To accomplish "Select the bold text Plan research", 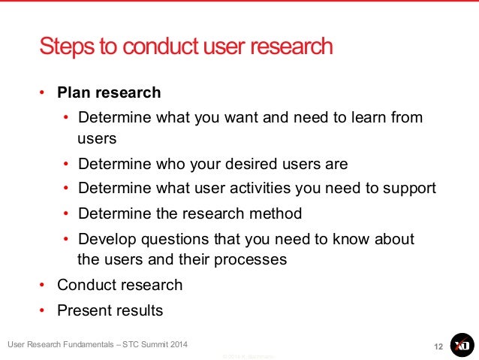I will coord(109,93).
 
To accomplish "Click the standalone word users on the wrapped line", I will coord(97,138).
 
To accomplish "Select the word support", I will coord(409,188).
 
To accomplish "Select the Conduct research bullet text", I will coord(119,285).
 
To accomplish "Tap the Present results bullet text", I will coord(110,310).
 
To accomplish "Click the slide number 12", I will coord(438,346).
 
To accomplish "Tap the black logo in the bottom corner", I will coord(462,344).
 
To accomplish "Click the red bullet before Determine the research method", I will coord(66,213).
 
